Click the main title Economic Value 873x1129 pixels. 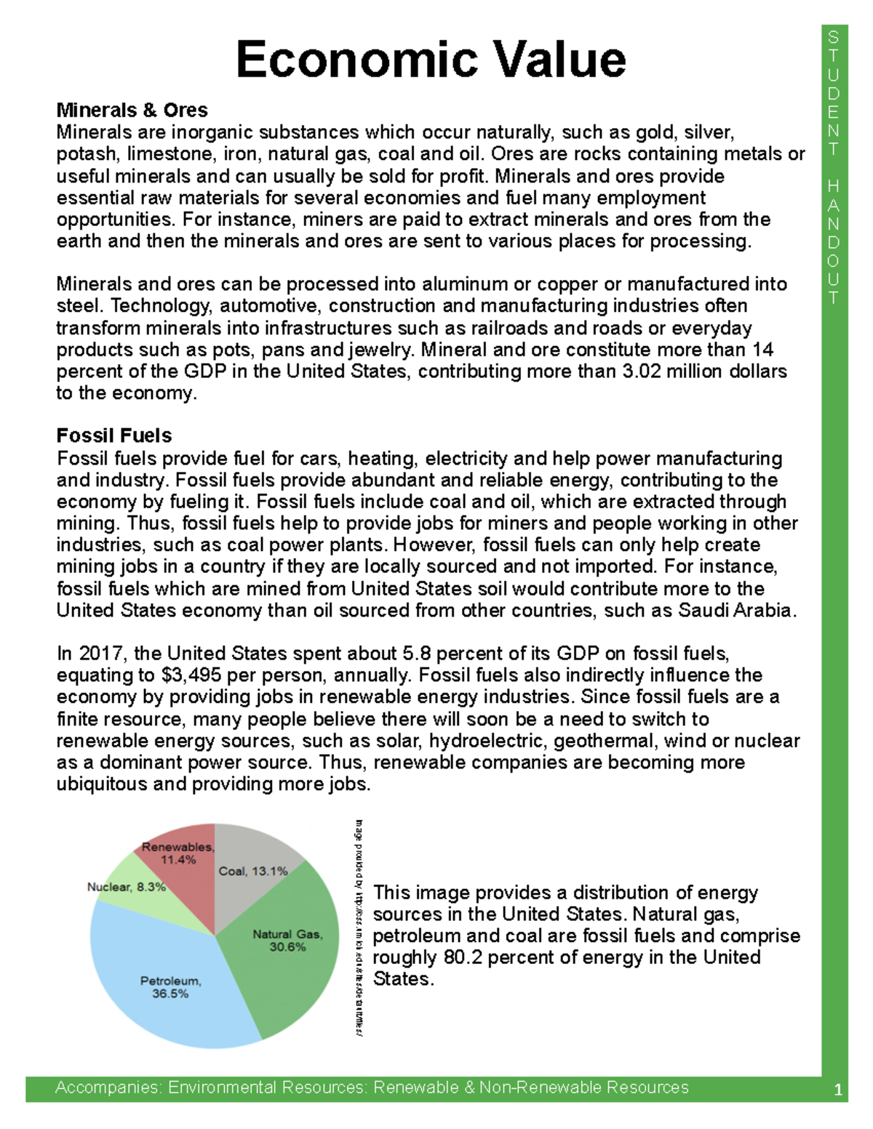click(431, 60)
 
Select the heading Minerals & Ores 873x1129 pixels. click(132, 111)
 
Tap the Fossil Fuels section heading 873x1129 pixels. click(114, 435)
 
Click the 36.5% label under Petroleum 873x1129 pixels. click(170, 994)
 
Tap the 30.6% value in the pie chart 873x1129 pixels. click(287, 947)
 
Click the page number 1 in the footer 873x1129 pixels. click(838, 1090)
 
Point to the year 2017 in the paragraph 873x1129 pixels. click(100, 654)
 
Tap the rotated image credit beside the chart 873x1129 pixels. click(359, 927)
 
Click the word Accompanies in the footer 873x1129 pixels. click(108, 1088)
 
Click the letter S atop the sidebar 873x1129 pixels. click(834, 37)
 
